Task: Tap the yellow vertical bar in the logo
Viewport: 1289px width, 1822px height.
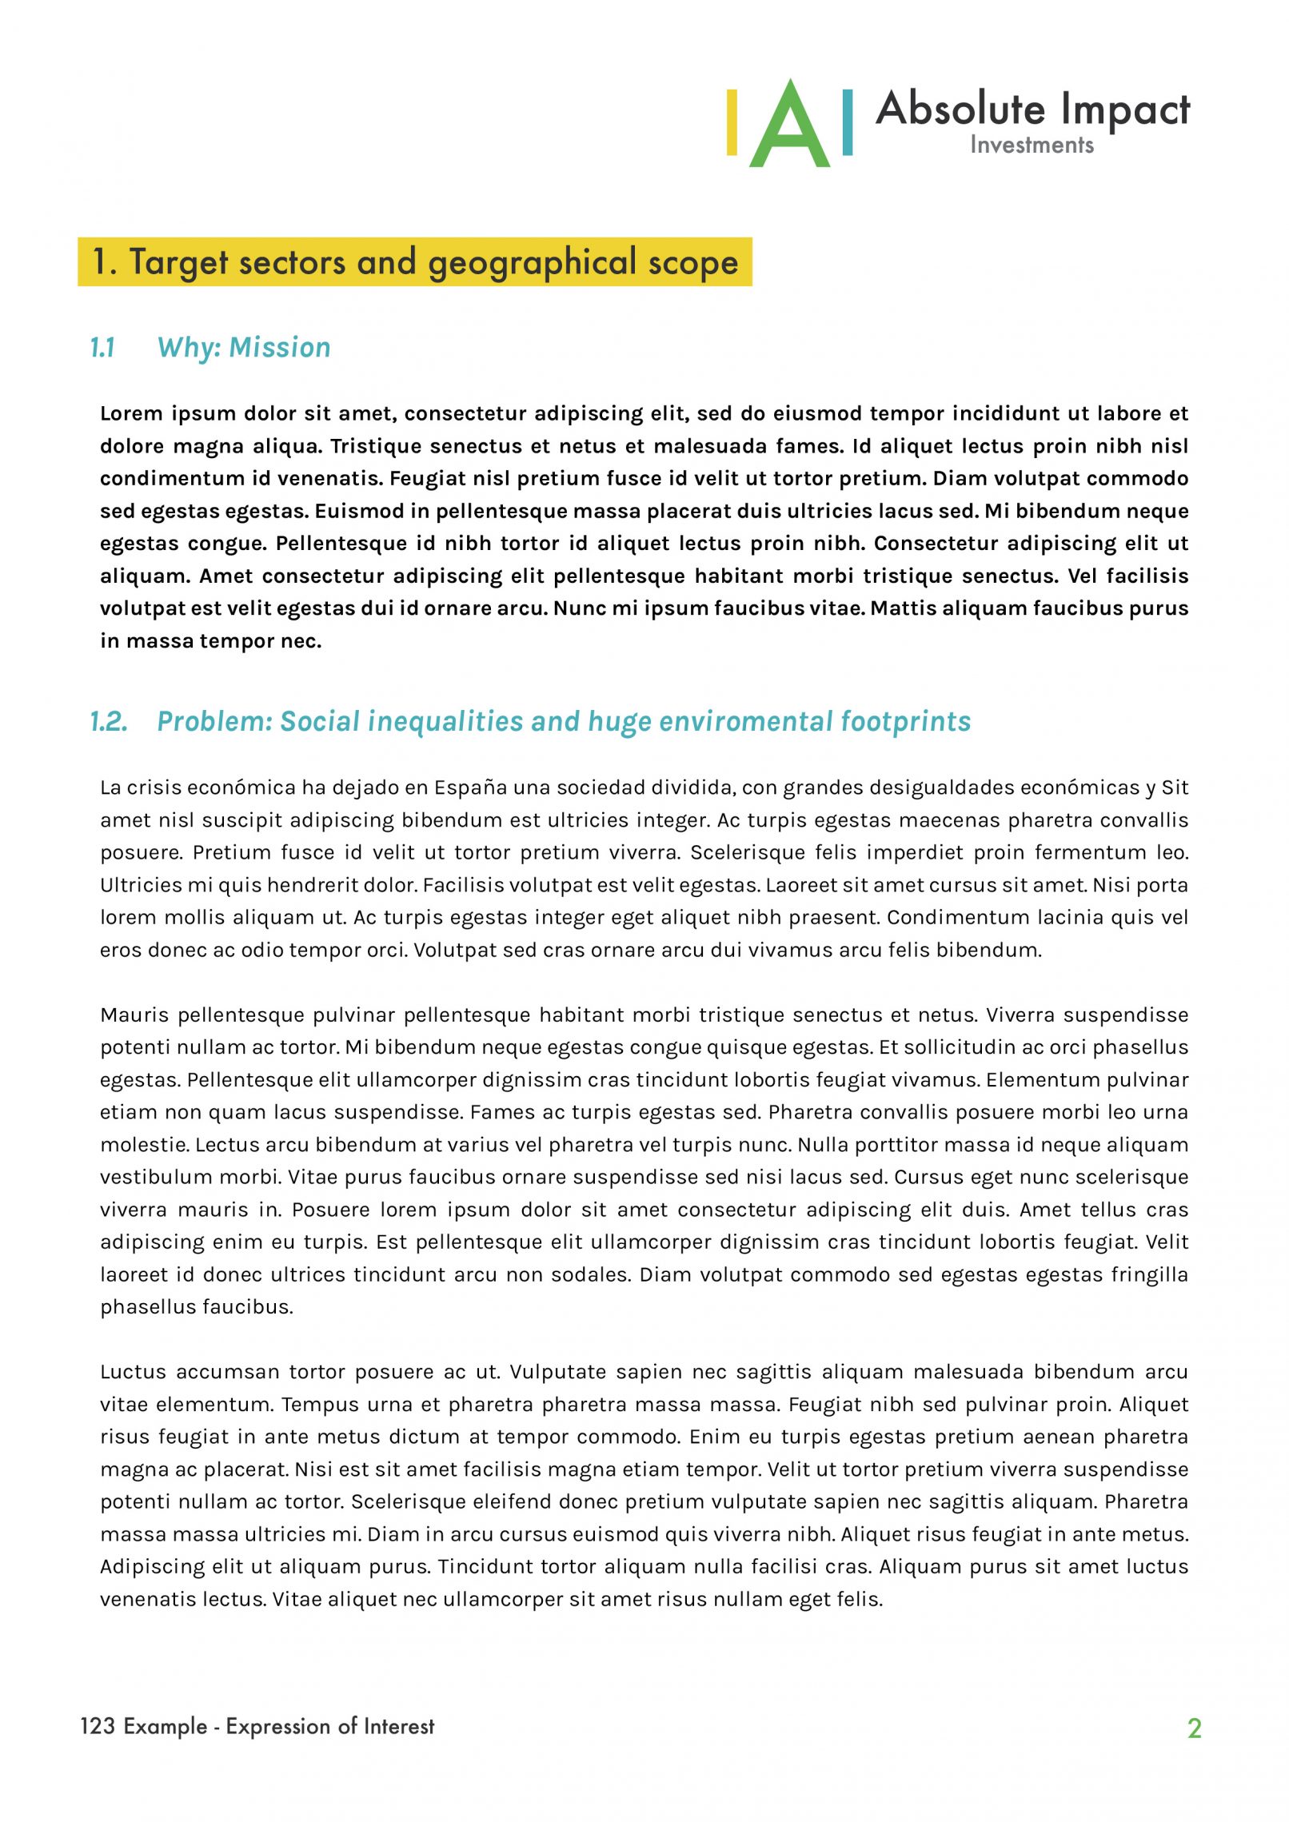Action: (732, 122)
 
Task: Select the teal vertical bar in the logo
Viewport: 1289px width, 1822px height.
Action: (848, 122)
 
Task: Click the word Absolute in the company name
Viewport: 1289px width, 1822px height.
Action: (960, 109)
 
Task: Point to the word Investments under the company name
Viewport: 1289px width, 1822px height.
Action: (1032, 145)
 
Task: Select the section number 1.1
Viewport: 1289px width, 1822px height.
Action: (102, 348)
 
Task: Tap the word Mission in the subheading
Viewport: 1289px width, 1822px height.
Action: (279, 348)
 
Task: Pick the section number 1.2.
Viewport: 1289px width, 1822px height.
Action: (108, 721)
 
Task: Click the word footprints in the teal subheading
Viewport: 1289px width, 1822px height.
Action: (905, 721)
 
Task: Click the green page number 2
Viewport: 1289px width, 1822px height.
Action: (1194, 1728)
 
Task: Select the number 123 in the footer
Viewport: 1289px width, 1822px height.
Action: (98, 1726)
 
